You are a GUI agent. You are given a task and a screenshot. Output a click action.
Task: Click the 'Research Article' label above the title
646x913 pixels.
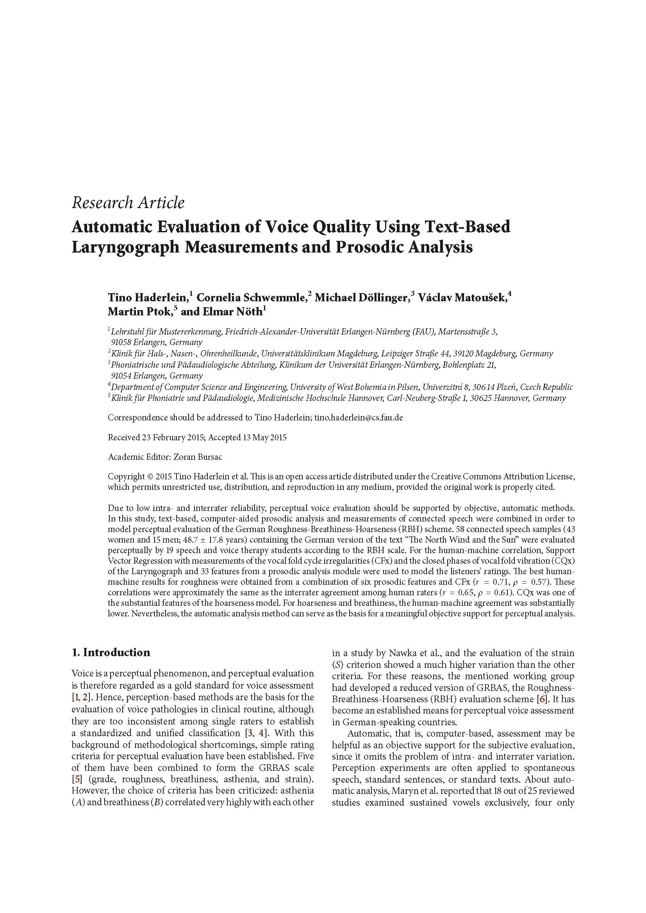tap(128, 203)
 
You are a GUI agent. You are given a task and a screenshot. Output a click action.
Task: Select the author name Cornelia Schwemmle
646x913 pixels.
tap(252, 297)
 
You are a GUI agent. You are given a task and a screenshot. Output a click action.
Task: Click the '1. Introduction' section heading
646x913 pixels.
tap(111, 653)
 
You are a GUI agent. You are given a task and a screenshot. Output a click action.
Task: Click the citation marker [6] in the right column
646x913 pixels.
tap(541, 699)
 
